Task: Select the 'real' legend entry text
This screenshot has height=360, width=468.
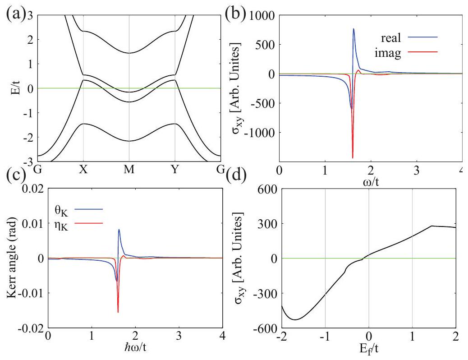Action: click(x=392, y=37)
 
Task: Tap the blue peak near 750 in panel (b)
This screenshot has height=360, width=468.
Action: click(x=353, y=29)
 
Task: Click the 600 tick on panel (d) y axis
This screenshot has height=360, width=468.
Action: click(x=266, y=189)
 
